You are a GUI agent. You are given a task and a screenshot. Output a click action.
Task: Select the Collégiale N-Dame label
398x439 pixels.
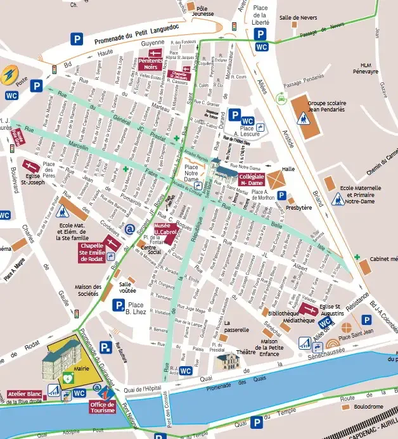[251, 179]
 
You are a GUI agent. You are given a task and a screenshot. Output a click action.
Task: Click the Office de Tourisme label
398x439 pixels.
[103, 407]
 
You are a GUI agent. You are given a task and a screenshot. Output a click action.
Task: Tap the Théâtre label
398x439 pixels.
[245, 353]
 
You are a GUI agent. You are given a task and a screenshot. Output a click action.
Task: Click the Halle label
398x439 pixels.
[290, 169]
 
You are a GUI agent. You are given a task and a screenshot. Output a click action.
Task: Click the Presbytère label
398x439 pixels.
[298, 207]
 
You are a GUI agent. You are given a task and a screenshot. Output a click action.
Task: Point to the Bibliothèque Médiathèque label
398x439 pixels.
[282, 317]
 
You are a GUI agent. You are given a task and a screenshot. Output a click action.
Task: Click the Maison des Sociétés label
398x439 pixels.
[87, 290]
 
